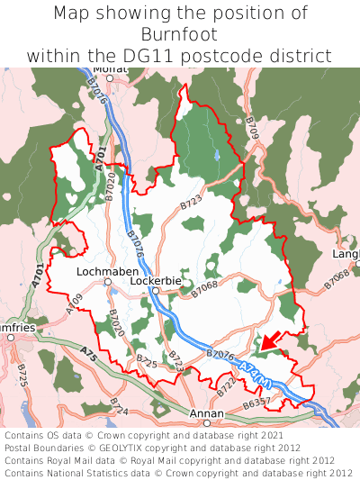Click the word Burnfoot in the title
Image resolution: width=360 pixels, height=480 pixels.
point(180,34)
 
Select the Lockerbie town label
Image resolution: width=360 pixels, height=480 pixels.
point(156,281)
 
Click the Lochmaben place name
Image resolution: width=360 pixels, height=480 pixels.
point(107,270)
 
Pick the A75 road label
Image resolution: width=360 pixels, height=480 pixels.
point(87,352)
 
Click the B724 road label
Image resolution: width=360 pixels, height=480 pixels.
point(118,406)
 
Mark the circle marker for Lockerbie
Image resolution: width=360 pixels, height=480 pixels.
point(155,291)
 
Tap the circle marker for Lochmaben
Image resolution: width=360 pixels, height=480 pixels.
point(107,281)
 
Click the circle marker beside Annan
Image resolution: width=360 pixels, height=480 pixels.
point(207,422)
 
